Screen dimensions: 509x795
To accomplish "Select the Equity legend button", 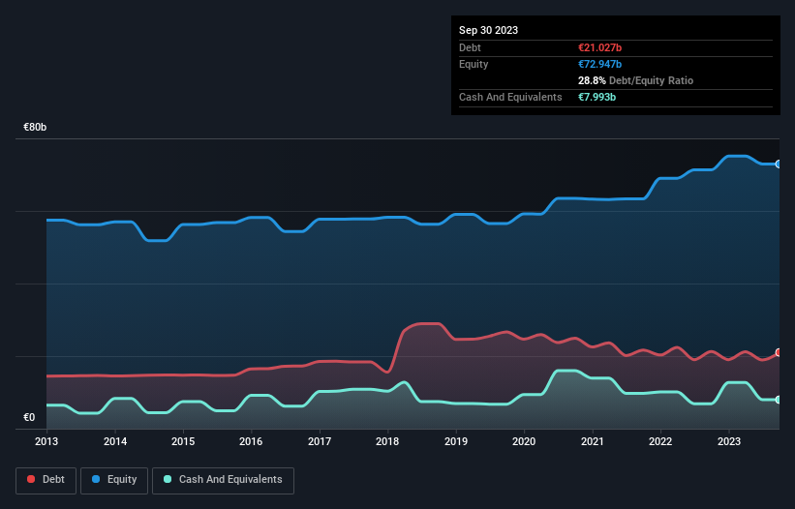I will point(114,479).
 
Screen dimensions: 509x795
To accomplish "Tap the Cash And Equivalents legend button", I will point(223,479).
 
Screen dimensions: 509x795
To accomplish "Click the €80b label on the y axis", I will point(36,128).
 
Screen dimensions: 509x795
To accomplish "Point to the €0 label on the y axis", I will point(29,418).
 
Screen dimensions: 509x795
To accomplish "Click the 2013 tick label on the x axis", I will point(46,441).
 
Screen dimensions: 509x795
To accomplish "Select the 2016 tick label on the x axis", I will point(251,441).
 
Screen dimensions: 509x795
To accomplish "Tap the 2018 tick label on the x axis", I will point(387,441).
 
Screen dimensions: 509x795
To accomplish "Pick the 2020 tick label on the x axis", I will point(524,441).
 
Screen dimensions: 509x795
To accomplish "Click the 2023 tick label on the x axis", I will point(728,441).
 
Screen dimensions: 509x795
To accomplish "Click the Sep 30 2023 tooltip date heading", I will point(488,30).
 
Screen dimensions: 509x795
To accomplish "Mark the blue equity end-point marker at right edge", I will point(778,164).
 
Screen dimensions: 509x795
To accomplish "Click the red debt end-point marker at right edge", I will point(778,352).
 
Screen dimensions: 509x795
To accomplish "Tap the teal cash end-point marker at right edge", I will point(778,400).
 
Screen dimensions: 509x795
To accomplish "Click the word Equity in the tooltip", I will point(474,64).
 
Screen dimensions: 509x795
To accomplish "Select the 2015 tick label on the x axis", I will point(183,441).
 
